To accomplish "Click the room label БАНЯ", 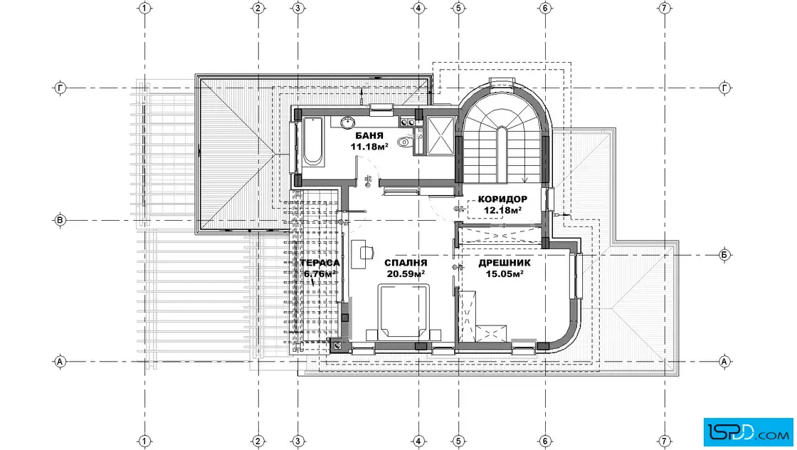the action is click(369, 136).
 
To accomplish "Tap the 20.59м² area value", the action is click(406, 273).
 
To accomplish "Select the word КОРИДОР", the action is click(502, 199).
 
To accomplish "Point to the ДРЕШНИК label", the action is click(505, 263).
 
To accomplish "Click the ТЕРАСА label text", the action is click(320, 263).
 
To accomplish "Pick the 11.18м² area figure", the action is click(369, 147).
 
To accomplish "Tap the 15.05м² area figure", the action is click(505, 273).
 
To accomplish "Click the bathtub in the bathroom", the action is click(312, 141).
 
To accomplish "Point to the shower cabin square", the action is click(440, 135).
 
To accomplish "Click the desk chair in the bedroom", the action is click(367, 251).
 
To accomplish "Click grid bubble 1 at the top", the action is click(145, 8).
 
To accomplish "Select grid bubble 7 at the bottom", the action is click(665, 441).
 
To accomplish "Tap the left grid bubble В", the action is click(60, 220).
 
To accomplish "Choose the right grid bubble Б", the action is click(724, 255).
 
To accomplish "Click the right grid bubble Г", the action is click(724, 88).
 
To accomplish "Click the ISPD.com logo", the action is click(748, 432).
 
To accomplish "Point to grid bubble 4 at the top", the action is click(418, 8).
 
